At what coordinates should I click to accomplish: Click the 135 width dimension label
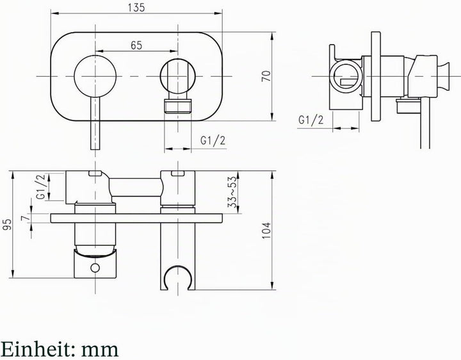coord(136,7)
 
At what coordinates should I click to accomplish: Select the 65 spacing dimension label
coord(136,45)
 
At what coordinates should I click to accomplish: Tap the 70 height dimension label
coord(266,76)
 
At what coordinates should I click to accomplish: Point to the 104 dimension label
coord(266,231)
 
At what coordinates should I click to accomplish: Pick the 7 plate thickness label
coord(26,218)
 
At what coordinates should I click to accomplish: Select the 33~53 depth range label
coord(232,192)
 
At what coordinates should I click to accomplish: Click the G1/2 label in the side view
coord(311,120)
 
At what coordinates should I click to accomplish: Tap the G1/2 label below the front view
coord(213,141)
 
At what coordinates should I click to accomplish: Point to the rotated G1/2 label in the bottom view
coord(41,187)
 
